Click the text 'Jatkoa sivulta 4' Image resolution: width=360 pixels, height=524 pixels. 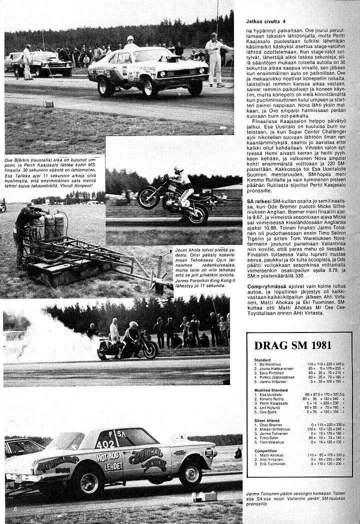(269, 22)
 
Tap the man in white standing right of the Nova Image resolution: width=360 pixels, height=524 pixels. (214, 57)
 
